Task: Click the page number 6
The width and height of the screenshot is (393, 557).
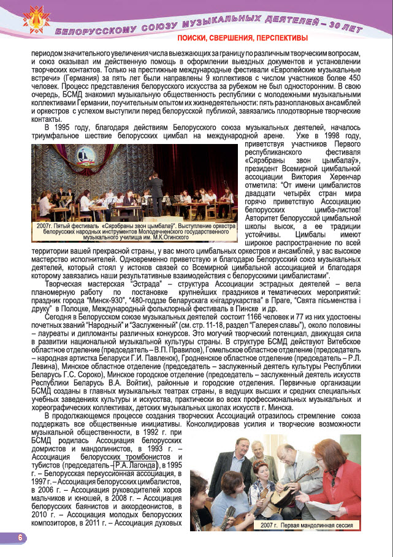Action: click(x=19, y=537)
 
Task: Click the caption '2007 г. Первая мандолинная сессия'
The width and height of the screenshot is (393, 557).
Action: click(x=305, y=526)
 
